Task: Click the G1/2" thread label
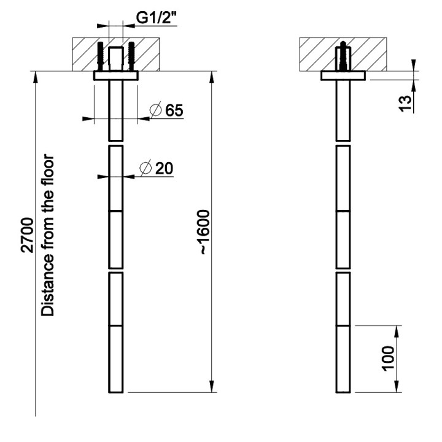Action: pyautogui.click(x=156, y=18)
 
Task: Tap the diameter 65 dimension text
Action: pyautogui.click(x=166, y=110)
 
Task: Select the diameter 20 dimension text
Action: pyautogui.click(x=157, y=168)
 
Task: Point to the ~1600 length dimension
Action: pyautogui.click(x=205, y=232)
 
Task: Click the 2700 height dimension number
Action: pyautogui.click(x=28, y=235)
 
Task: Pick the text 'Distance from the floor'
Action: pyautogui.click(x=47, y=235)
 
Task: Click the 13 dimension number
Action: pyautogui.click(x=406, y=104)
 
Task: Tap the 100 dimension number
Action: pyautogui.click(x=388, y=359)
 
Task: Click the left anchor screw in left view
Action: pyautogui.click(x=101, y=56)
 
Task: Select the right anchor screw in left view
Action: pyautogui.click(x=131, y=56)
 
